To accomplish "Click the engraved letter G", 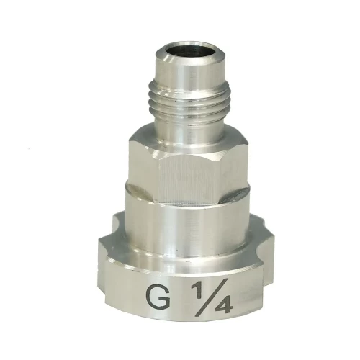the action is tap(157, 297).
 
